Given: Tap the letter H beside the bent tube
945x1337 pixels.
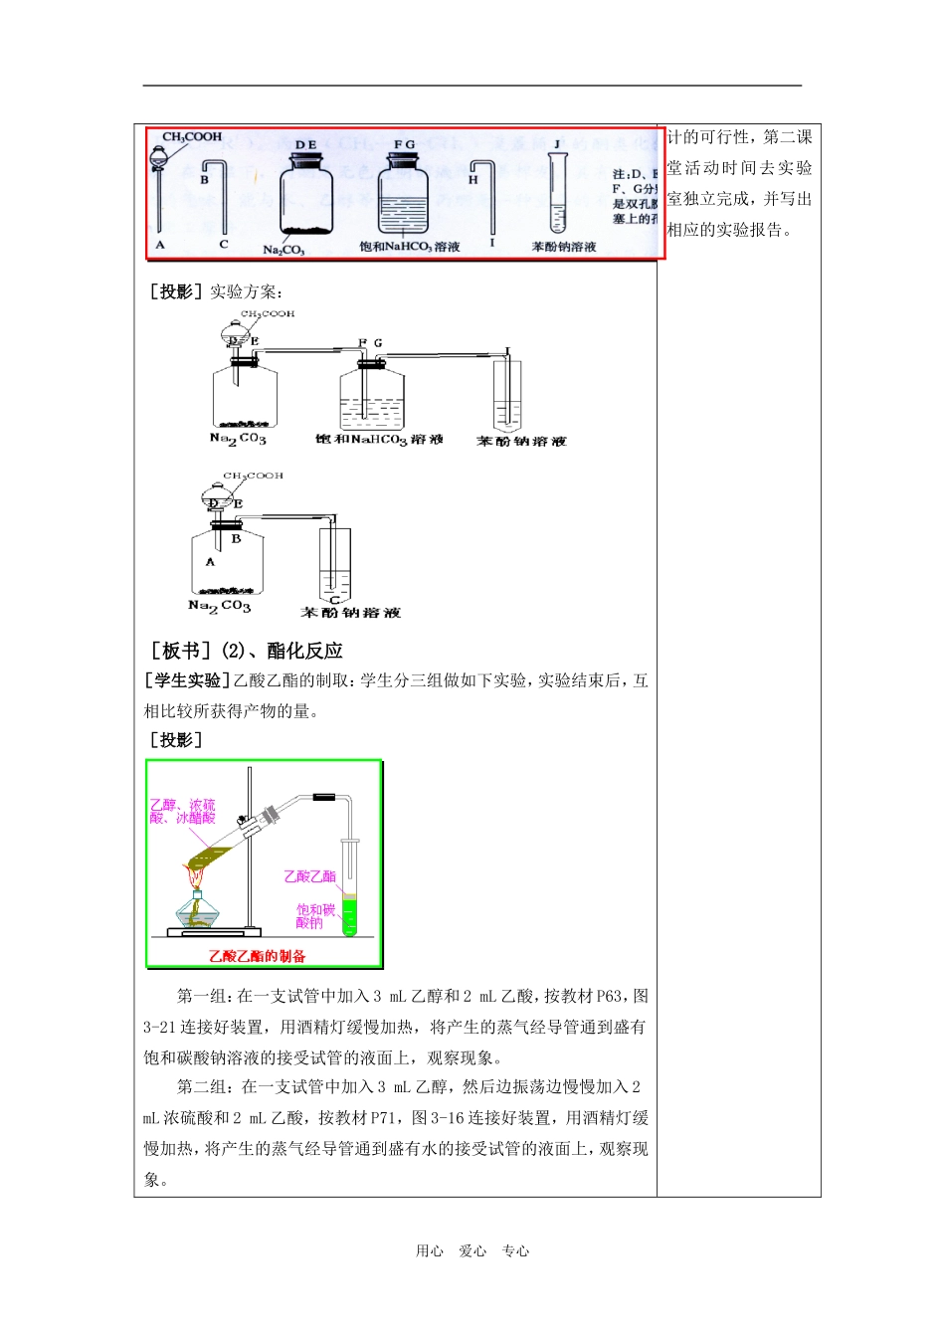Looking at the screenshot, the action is point(473,180).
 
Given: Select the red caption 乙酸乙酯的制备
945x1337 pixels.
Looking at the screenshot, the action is point(257,956).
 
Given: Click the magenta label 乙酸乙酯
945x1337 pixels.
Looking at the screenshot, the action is point(309,876).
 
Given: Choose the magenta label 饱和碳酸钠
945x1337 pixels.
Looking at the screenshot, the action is point(315,916).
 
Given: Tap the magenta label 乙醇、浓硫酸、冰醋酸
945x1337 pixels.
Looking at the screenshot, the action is point(182,811).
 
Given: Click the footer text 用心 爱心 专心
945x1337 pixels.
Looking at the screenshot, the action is point(472,1251).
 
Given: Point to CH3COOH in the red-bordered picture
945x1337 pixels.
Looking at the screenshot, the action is point(192,137).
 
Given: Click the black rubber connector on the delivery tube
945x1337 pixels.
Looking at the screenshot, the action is point(325,797).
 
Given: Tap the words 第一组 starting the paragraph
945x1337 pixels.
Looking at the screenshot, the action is point(202,996).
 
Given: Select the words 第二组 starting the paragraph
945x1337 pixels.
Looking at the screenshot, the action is point(202,1087).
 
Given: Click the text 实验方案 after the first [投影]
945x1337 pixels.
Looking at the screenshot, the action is point(246,291).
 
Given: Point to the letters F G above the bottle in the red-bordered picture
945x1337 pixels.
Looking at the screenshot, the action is point(404,145).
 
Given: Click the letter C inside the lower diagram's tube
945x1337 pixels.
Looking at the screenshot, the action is point(334,600).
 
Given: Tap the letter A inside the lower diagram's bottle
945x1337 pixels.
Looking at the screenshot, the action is point(210,562).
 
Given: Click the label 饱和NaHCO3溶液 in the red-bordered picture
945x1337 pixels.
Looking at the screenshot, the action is point(410,247).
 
